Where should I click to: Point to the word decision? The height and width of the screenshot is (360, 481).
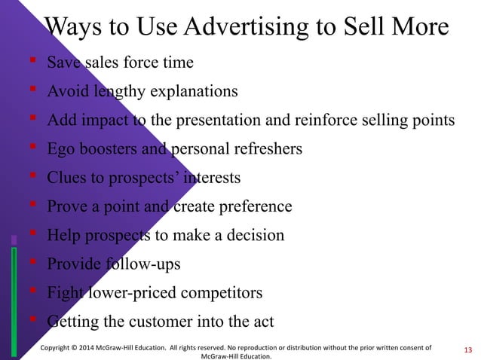coord(255,235)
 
